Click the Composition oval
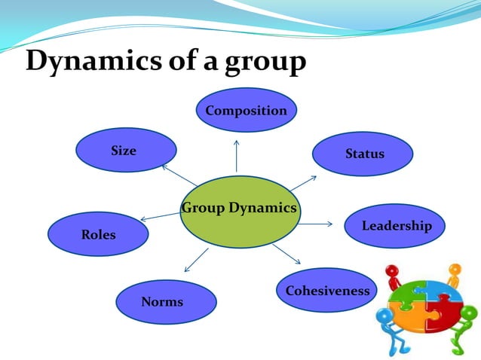(x=247, y=110)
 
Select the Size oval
(x=125, y=150)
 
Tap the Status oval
(x=363, y=154)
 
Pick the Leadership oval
(x=394, y=225)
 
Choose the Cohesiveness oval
(x=327, y=291)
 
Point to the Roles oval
(x=98, y=234)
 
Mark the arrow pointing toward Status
(x=303, y=182)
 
